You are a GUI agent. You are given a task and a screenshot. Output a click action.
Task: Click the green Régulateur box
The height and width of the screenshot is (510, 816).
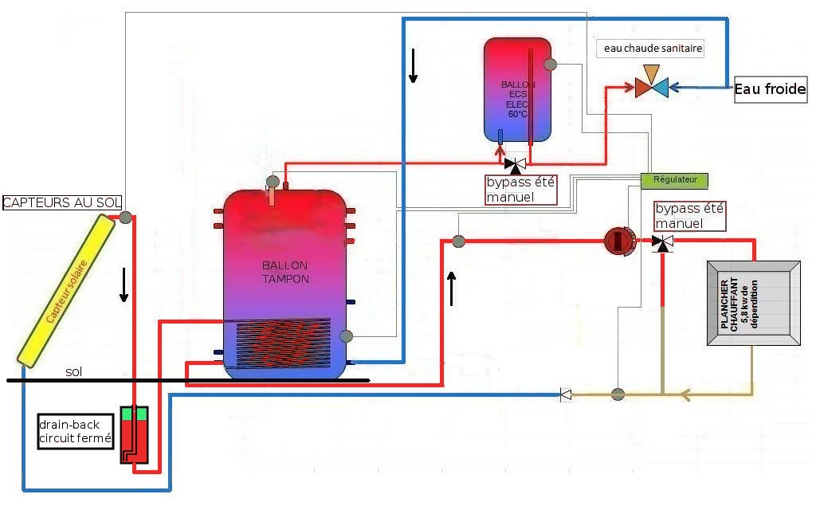[x=674, y=180]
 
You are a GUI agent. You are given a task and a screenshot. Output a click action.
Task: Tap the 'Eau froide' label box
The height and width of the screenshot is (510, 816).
[x=771, y=89]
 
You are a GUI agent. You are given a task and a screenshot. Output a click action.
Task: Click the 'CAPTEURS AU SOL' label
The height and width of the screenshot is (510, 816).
[x=62, y=202]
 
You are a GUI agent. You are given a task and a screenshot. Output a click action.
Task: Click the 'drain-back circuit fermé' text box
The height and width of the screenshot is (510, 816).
[x=76, y=431]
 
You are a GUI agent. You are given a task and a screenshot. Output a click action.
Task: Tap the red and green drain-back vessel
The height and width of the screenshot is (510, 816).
[x=134, y=435]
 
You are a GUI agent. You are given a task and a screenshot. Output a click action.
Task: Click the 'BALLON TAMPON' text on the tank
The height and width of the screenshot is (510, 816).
[x=285, y=273]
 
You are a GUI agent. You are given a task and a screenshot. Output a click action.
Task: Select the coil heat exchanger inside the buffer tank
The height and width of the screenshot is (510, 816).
[x=283, y=344]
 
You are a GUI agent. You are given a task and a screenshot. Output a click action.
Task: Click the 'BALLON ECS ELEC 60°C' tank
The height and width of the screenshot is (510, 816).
[x=517, y=89]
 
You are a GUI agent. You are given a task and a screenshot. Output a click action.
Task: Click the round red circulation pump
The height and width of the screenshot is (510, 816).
[x=619, y=241]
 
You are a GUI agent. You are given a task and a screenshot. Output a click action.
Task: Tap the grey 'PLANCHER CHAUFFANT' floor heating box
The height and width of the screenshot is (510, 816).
[x=754, y=303]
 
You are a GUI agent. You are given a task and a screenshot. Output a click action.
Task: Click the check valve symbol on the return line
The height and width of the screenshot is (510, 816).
[x=566, y=394]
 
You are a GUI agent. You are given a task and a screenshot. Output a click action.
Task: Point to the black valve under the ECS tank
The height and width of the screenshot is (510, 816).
[x=516, y=165]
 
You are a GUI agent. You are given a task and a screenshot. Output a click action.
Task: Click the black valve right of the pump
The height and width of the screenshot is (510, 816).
[x=662, y=242]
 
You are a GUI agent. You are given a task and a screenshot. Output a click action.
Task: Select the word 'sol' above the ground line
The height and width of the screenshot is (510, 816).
[x=74, y=371]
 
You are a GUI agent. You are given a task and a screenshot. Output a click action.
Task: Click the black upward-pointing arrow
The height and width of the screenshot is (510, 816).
[x=451, y=288]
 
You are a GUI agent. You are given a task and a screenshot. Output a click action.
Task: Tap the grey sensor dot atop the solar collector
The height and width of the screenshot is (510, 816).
[x=125, y=217]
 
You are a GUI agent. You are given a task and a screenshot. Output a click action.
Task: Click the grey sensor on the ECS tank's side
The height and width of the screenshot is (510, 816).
[x=550, y=65]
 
